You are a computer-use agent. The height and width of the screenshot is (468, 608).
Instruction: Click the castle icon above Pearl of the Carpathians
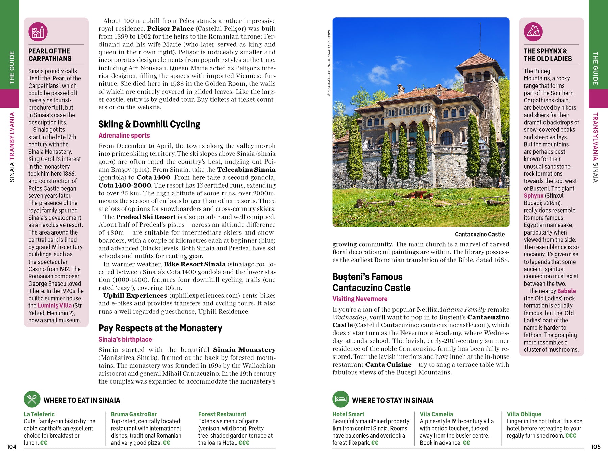pyautogui.click(x=38, y=31)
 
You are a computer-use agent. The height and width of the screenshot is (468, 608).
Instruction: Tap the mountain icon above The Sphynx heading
pyautogui.click(x=533, y=31)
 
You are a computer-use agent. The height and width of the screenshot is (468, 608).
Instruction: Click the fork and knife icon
pyautogui.click(x=32, y=399)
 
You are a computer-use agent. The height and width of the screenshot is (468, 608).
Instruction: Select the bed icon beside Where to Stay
pyautogui.click(x=340, y=399)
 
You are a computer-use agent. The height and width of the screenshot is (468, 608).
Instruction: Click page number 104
pyautogui.click(x=12, y=447)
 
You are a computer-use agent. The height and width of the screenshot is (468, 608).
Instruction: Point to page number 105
pyautogui.click(x=596, y=447)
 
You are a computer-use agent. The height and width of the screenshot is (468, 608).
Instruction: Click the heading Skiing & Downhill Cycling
pyautogui.click(x=149, y=124)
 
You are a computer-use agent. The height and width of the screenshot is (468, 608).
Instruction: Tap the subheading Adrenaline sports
pyautogui.click(x=124, y=136)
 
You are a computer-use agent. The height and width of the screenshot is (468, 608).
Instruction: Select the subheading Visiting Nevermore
pyautogui.click(x=360, y=299)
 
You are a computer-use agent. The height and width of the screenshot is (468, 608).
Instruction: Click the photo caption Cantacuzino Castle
pyautogui.click(x=480, y=234)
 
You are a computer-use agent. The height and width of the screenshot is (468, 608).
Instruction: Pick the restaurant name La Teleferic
pyautogui.click(x=39, y=414)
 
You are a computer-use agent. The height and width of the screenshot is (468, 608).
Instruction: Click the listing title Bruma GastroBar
pyautogui.click(x=134, y=414)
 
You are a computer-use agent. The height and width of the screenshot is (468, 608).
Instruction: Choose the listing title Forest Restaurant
pyautogui.click(x=222, y=414)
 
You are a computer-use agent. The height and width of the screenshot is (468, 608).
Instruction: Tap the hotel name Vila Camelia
pyautogui.click(x=436, y=414)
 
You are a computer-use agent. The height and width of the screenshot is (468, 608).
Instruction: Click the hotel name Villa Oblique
pyautogui.click(x=524, y=414)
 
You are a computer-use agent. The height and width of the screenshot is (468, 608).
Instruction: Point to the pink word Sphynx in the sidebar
pyautogui.click(x=533, y=196)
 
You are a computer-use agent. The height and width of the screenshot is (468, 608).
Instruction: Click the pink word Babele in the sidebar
pyautogui.click(x=566, y=291)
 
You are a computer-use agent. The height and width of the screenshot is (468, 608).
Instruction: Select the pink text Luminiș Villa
pyautogui.click(x=54, y=305)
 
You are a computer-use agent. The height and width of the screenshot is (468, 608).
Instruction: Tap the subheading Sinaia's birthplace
pyautogui.click(x=125, y=339)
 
